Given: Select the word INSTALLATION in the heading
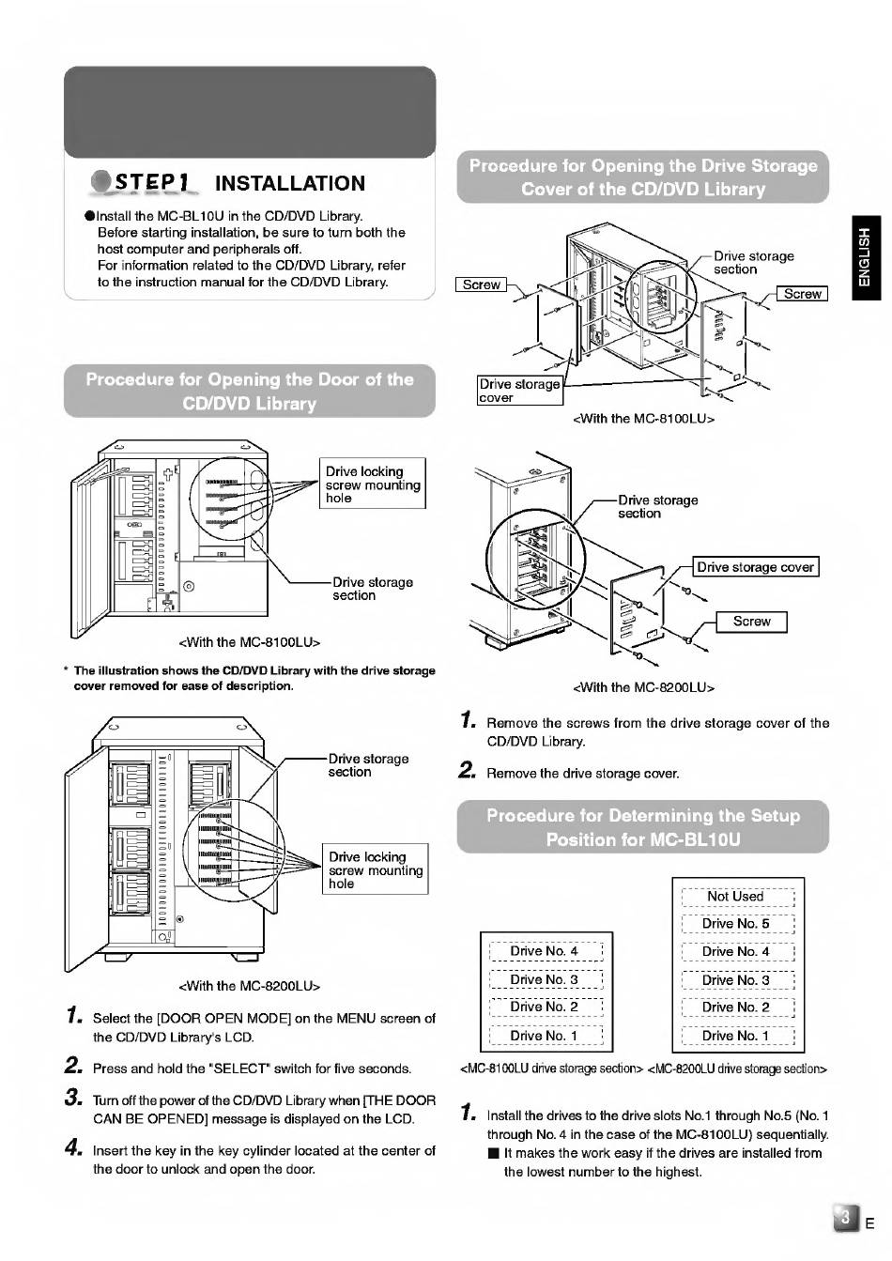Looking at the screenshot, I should [289, 183].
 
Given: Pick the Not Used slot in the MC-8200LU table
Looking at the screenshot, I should [736, 897].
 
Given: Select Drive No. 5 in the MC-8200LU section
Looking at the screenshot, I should [736, 924].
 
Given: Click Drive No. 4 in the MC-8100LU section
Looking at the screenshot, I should [545, 951].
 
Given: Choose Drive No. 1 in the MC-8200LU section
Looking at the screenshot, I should [736, 1036].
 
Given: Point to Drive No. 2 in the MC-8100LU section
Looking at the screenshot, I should [545, 1007].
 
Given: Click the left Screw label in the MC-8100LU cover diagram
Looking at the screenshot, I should [481, 284].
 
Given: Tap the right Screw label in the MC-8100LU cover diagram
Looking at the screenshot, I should [802, 294].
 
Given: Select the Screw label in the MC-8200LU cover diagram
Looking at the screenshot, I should [751, 622].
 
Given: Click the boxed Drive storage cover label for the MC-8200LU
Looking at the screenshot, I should [755, 567].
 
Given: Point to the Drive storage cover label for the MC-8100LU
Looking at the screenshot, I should [519, 391].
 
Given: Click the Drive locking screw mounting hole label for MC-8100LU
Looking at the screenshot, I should [373, 484].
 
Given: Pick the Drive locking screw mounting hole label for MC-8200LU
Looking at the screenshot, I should [376, 869].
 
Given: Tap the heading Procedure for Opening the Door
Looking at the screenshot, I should [250, 392].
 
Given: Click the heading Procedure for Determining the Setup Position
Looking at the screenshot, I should [643, 827].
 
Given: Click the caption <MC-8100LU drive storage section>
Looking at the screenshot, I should [551, 1069].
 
